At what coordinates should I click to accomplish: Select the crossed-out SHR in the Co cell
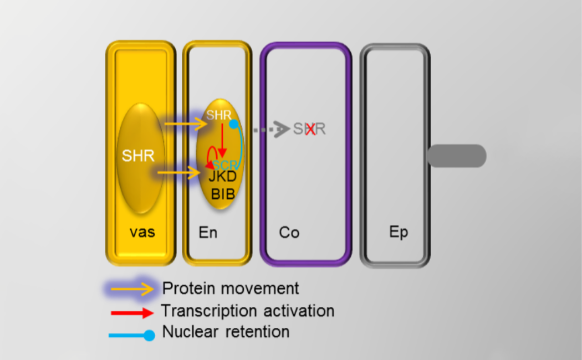[309, 129]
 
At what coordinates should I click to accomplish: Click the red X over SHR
[310, 129]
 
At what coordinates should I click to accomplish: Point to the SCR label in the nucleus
[225, 164]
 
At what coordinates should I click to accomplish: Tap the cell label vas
[142, 232]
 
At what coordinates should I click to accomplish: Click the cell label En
[208, 232]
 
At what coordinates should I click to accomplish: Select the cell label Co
[289, 232]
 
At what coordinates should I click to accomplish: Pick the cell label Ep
[399, 232]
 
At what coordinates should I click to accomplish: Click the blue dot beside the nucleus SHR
[234, 124]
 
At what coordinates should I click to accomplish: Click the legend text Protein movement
[231, 288]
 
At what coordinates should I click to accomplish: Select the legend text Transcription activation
[248, 311]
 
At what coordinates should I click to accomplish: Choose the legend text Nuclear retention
[226, 332]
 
